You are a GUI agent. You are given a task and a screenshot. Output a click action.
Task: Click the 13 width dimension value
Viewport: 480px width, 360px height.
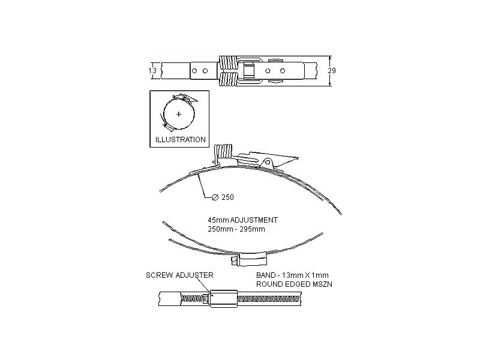click(x=152, y=71)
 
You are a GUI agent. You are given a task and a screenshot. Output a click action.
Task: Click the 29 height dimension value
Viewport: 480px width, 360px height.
click(x=332, y=71)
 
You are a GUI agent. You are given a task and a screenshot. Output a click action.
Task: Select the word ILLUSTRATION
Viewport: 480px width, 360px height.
click(x=179, y=139)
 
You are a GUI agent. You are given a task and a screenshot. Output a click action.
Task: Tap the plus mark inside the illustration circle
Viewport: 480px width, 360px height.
click(x=179, y=114)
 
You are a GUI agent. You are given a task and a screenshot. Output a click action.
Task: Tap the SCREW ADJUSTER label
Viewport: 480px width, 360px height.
click(x=180, y=275)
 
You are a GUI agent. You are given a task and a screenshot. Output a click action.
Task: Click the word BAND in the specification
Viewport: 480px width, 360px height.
click(x=265, y=275)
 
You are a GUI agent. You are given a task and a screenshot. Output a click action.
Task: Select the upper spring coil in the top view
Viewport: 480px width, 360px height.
click(x=229, y=62)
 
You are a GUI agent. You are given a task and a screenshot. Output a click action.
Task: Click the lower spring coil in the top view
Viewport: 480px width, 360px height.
click(x=229, y=80)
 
